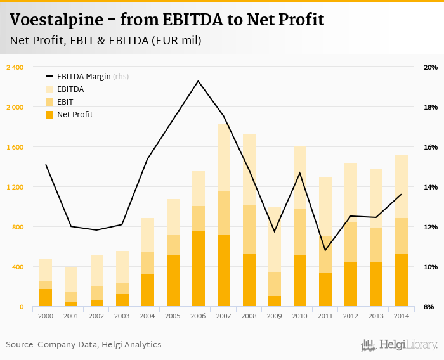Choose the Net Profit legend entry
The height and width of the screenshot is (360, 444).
74,115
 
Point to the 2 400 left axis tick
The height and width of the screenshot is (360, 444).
15,67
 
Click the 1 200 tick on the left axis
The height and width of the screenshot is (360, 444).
15,187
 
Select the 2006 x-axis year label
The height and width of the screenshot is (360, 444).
198,315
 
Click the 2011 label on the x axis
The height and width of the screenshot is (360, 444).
325,315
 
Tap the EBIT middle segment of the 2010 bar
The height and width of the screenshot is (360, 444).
299,232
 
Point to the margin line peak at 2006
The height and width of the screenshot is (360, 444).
198,81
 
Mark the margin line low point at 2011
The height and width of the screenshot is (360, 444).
325,250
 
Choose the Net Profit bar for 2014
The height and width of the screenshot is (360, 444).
401,280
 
